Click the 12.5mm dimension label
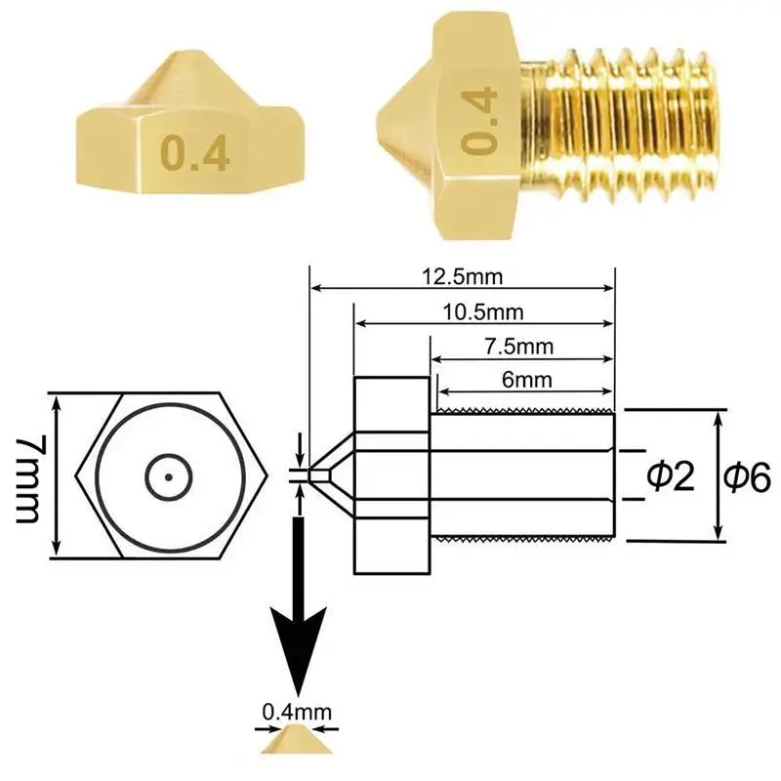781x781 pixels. (462, 276)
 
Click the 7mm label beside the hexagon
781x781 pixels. (32, 476)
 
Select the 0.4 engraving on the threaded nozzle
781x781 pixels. (479, 121)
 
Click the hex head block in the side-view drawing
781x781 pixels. (391, 475)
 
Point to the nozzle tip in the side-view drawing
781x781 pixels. (312, 475)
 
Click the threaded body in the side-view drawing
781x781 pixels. (522, 475)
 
